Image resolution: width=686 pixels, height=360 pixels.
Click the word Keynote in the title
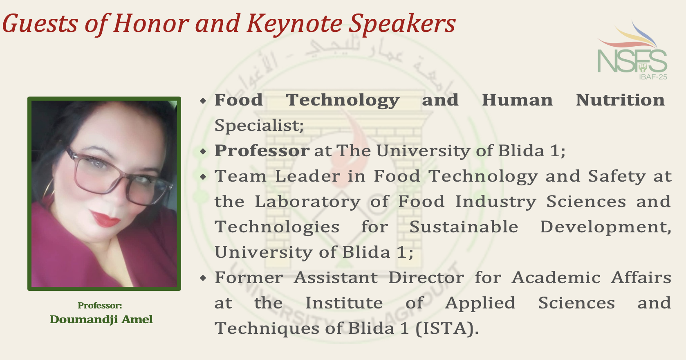(x=294, y=24)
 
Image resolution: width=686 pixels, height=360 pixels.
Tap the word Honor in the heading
(x=151, y=23)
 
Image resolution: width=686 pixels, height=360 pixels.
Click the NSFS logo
(x=632, y=51)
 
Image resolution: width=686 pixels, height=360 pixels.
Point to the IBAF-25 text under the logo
(x=653, y=77)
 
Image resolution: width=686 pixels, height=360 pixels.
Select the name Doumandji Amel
(x=101, y=319)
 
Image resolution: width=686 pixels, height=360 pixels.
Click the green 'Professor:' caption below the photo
(x=100, y=305)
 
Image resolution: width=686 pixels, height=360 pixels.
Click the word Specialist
(x=259, y=125)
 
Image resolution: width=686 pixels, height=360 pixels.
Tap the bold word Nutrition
(x=620, y=100)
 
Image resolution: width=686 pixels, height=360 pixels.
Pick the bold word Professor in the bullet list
(x=262, y=151)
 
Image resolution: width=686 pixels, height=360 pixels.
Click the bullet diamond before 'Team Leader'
(x=203, y=177)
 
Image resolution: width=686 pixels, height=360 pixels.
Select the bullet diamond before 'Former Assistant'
(x=203, y=278)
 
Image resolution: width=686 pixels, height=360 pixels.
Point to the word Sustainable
(x=464, y=227)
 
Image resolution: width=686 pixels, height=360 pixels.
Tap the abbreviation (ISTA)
(x=447, y=329)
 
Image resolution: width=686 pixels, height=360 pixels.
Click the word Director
(x=426, y=278)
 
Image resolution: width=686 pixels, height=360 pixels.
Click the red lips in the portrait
(x=105, y=218)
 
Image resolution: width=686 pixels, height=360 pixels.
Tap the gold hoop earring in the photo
(x=48, y=188)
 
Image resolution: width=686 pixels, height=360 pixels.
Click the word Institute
(x=344, y=303)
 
